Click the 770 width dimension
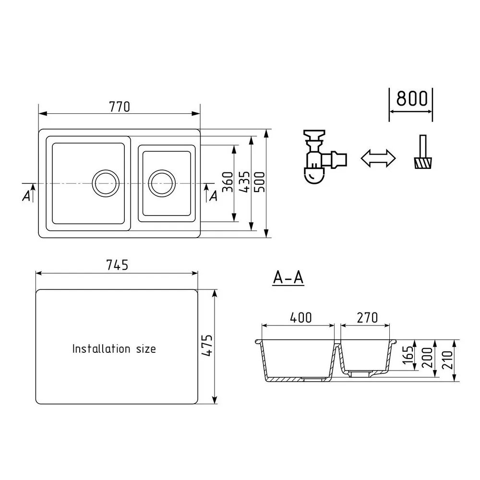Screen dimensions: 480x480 (x=120, y=107)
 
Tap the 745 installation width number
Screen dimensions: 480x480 (x=117, y=265)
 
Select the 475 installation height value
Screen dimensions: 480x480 (x=207, y=345)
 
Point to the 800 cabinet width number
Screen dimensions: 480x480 (x=412, y=98)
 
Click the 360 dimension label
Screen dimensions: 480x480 (x=228, y=182)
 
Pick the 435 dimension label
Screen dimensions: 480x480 (x=245, y=182)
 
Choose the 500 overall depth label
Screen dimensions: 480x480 (x=260, y=182)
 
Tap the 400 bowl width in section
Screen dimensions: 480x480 (x=301, y=318)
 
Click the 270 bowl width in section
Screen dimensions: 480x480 (x=367, y=318)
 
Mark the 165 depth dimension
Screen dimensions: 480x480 (x=408, y=355)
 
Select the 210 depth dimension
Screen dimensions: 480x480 (x=447, y=360)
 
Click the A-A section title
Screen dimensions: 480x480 (x=288, y=277)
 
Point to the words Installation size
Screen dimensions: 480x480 (x=114, y=348)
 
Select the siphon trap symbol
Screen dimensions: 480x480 (x=324, y=156)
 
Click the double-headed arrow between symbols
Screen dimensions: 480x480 (x=378, y=158)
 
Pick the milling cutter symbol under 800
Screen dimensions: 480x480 (x=423, y=152)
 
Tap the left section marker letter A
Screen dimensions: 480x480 (x=26, y=196)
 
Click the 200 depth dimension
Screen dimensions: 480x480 (x=428, y=358)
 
